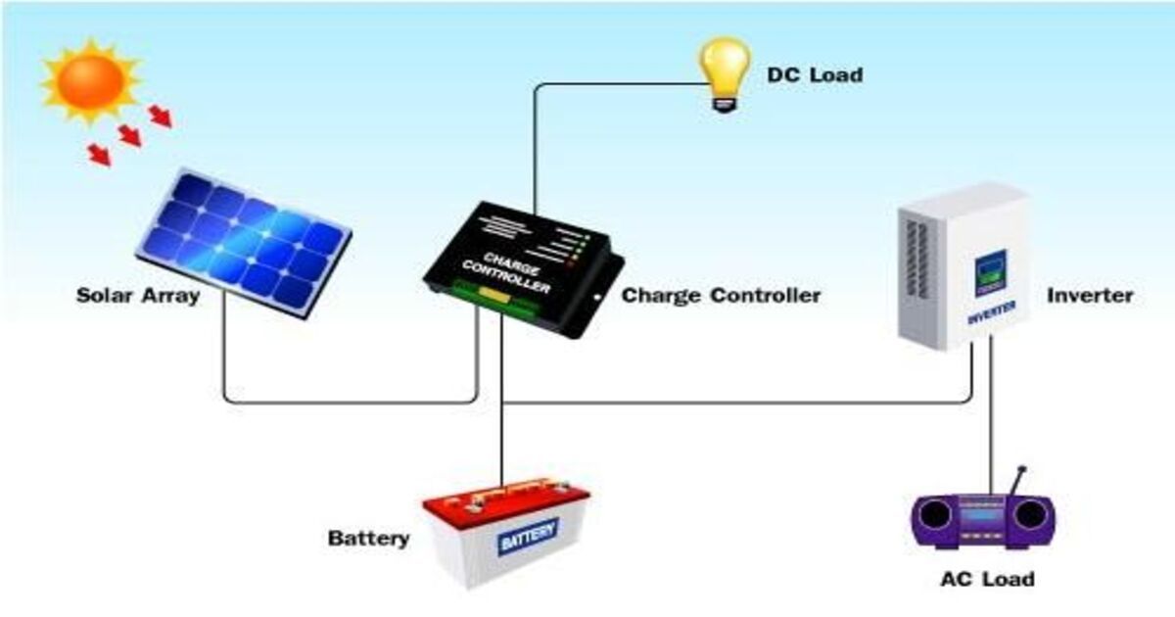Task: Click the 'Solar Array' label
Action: coord(138,295)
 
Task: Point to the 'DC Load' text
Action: coord(815,74)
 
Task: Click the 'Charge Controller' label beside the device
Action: coord(722,295)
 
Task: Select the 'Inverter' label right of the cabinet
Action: coord(1090,295)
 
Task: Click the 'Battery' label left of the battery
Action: coord(368,539)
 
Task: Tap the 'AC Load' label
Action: coord(986,579)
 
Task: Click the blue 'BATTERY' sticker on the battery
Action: coord(529,536)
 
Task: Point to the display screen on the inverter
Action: coord(990,273)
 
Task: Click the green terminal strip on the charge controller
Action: coord(490,299)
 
